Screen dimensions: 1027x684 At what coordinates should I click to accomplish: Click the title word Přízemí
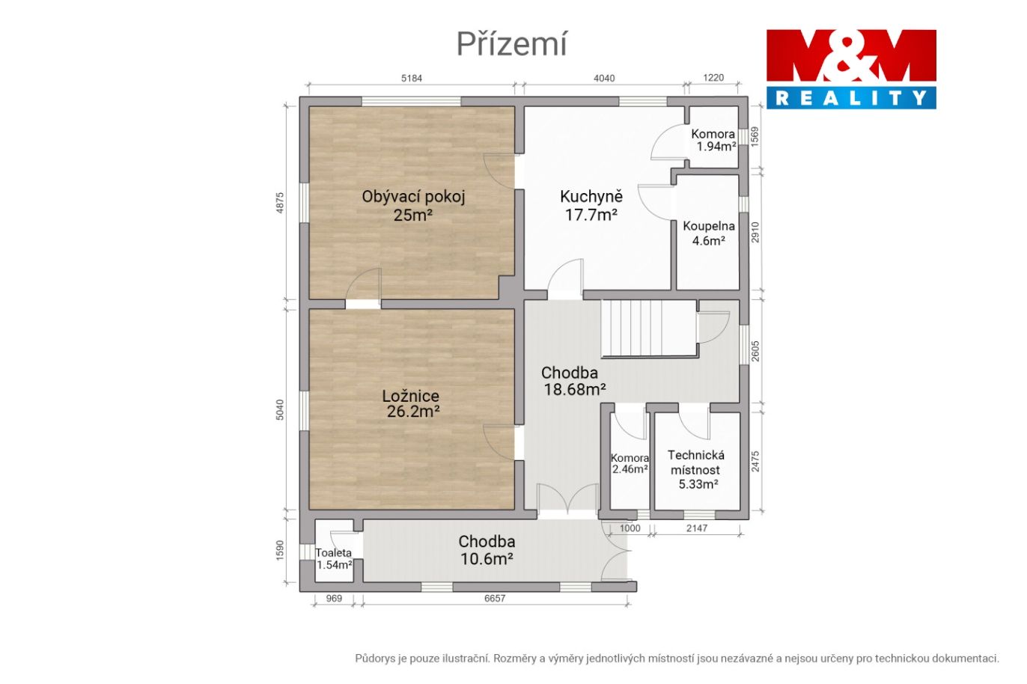pos(512,44)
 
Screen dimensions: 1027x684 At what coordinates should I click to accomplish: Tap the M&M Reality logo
pos(851,70)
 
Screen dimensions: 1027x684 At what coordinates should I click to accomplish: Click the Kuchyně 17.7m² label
pos(591,205)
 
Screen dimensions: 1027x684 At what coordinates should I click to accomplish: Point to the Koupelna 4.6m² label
pos(709,233)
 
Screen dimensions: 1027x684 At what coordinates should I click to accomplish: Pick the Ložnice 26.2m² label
pos(412,403)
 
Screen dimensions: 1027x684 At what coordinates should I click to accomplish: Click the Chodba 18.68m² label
pos(573,381)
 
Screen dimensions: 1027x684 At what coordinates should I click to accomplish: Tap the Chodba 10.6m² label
pos(487,550)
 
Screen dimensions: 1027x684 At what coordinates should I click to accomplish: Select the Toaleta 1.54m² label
pos(334,559)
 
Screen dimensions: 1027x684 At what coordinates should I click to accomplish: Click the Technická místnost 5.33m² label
pos(696,469)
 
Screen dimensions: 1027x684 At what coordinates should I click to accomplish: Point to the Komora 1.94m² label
pos(713,140)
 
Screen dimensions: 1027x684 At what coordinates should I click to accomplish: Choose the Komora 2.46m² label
pos(630,463)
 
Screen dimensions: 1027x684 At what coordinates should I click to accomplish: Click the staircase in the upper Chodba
pos(650,329)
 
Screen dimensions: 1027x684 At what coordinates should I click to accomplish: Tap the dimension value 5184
pos(412,79)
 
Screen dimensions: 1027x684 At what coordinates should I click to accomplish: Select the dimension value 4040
pos(604,79)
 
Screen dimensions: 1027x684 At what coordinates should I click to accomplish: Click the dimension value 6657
pos(496,598)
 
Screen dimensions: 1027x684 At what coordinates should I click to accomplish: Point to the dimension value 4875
pos(280,203)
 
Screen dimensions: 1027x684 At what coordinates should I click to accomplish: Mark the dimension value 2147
pos(697,528)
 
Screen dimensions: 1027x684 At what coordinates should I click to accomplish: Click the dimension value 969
pos(334,598)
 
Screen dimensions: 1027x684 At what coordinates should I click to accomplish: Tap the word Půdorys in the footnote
pos(376,659)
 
